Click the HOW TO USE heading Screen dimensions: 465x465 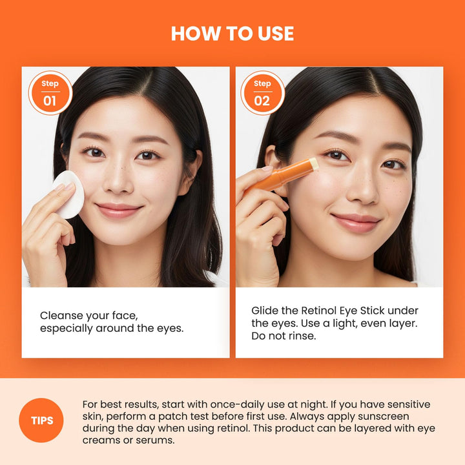click(232, 34)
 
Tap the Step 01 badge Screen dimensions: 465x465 click(50, 93)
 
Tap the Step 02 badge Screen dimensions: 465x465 click(262, 93)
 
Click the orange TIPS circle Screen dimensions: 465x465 click(42, 420)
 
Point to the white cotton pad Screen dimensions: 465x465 click(68, 194)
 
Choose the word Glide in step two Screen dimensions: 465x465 click(265, 310)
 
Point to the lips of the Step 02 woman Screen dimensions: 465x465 click(356, 222)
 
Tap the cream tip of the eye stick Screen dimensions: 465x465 click(314, 164)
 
